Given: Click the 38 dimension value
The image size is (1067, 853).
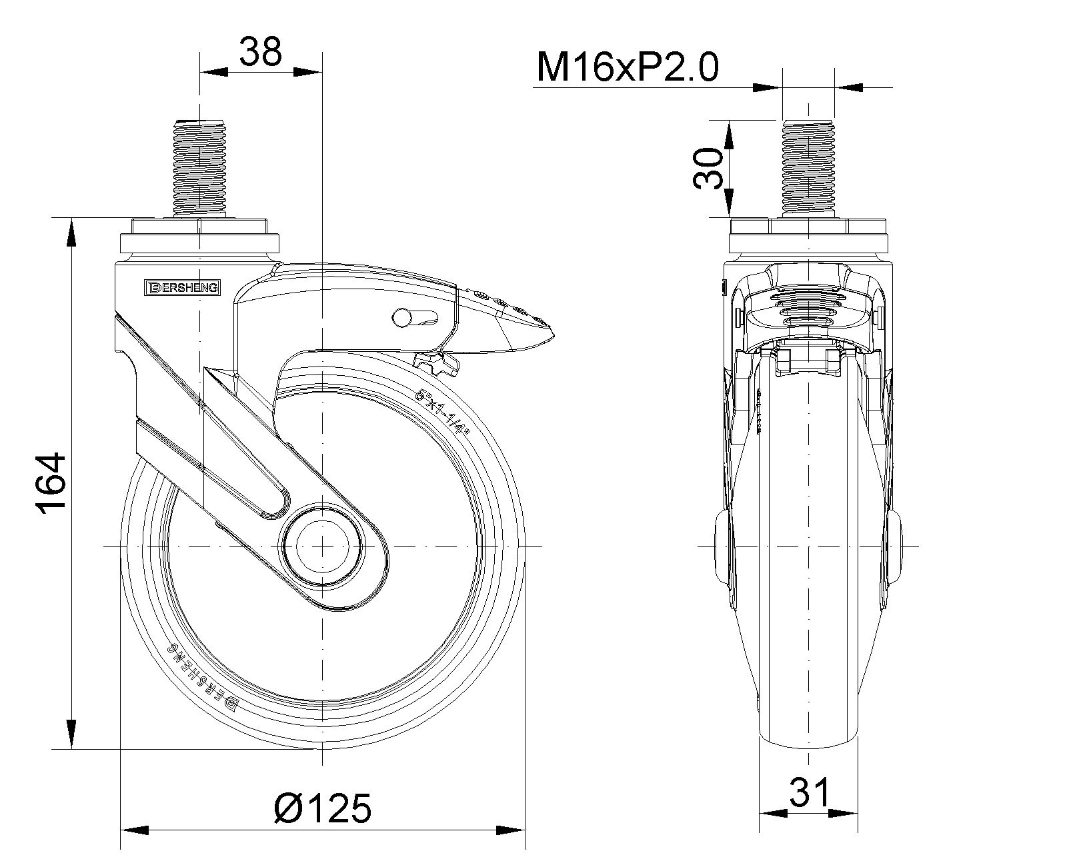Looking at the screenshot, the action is click(x=260, y=51).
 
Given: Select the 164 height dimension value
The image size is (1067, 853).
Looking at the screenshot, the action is click(x=51, y=483).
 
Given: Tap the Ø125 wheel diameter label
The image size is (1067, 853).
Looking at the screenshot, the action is click(x=322, y=808).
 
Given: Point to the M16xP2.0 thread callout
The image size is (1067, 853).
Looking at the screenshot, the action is click(x=628, y=67).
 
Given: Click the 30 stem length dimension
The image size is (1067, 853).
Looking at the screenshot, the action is click(x=708, y=169).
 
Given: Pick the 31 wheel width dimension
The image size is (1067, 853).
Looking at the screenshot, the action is click(x=809, y=792).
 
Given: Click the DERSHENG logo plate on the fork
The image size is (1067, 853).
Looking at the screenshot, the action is click(x=182, y=287).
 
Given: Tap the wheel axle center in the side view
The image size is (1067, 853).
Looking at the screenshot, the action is click(x=322, y=546).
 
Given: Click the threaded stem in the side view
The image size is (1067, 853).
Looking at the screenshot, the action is click(x=199, y=167).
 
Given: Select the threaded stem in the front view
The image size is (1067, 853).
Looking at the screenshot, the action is click(x=808, y=167).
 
